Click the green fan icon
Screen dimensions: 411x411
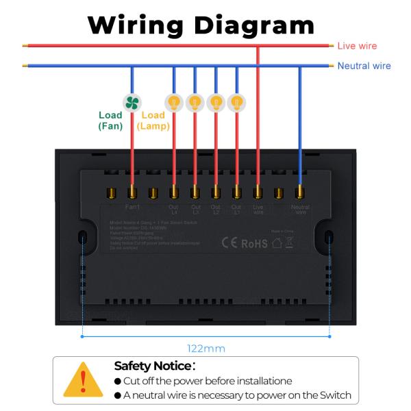[132, 102]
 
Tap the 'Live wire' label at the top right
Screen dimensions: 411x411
[357, 46]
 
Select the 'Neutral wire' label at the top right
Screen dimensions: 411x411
[364, 66]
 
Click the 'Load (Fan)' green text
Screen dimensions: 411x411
[110, 121]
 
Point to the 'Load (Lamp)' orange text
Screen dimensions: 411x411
[153, 121]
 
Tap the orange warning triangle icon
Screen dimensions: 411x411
[83, 379]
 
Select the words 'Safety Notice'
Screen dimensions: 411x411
[153, 366]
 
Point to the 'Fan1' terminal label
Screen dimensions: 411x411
[133, 206]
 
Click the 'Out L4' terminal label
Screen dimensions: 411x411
[174, 209]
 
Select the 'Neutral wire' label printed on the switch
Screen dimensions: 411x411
[300, 209]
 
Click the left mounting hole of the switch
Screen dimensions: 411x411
[82, 238]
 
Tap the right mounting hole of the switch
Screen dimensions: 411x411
[329, 238]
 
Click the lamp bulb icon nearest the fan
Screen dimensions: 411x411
[174, 102]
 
